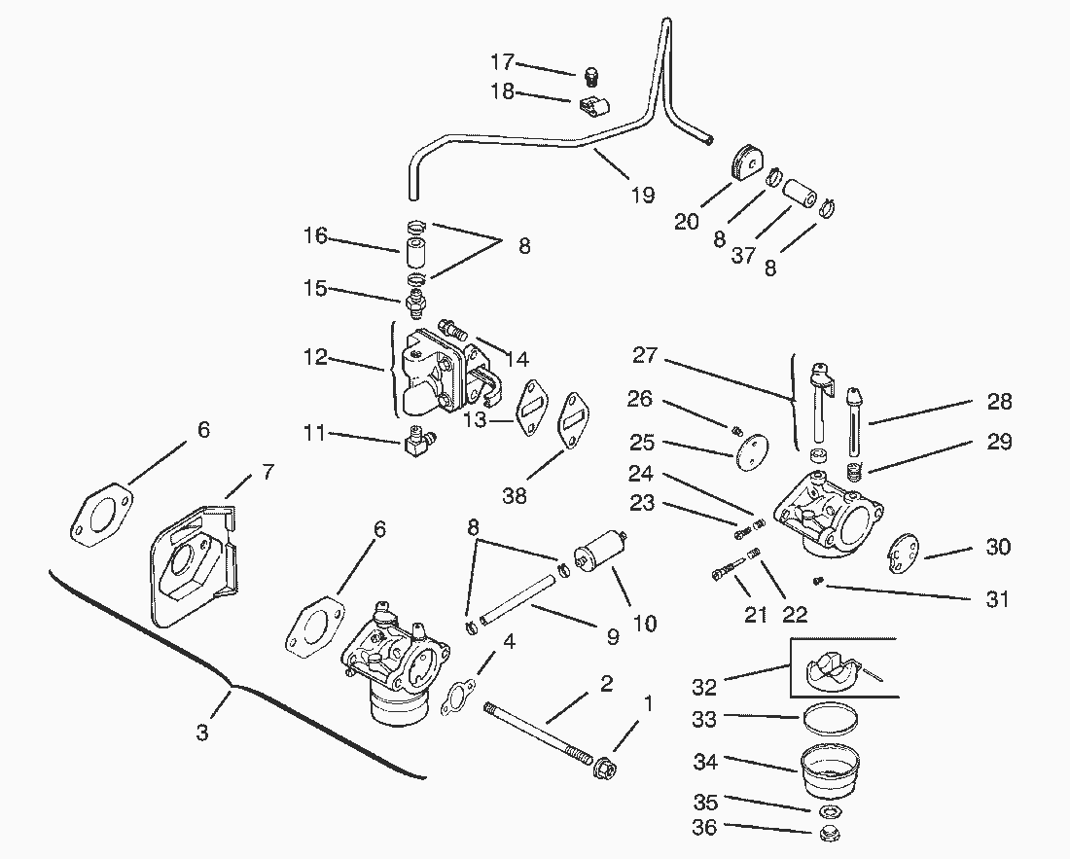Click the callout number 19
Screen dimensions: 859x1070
click(642, 195)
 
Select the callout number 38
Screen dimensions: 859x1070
click(515, 495)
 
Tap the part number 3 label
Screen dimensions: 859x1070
click(202, 733)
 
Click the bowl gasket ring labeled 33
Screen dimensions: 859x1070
click(830, 719)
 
